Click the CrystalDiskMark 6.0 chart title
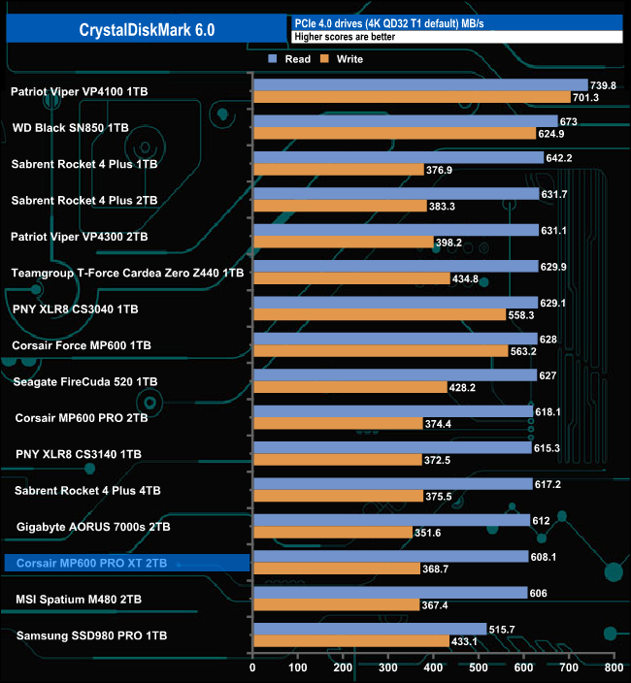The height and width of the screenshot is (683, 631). point(148,30)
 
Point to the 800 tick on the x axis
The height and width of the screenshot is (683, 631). point(613,667)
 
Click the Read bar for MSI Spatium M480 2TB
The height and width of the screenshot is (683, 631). point(389,593)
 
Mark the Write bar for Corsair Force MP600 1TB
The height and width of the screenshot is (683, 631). point(380,350)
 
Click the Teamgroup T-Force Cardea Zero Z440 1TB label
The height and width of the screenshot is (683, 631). point(127,273)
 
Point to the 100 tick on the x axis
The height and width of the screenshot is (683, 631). point(298,667)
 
